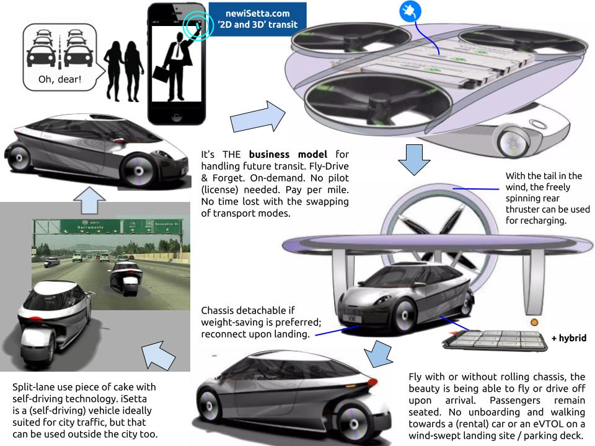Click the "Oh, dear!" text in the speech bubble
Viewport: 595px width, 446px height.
59,80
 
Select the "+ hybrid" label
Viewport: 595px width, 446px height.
568,338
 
